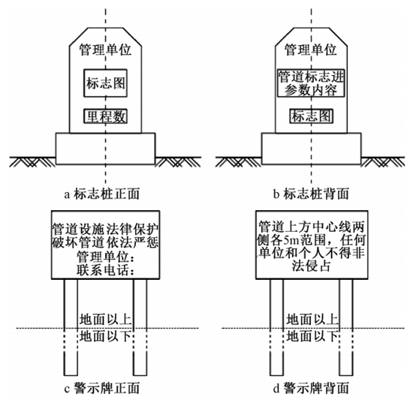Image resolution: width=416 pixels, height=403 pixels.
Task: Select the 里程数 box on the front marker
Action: (x=105, y=116)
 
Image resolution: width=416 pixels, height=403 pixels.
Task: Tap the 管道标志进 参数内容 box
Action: (x=310, y=84)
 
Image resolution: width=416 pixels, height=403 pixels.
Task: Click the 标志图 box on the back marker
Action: (x=310, y=116)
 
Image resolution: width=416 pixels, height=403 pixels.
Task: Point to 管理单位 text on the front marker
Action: (x=105, y=51)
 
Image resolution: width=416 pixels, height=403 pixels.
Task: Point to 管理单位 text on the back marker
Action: (x=310, y=51)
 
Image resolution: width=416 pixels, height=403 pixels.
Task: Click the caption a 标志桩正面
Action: (x=105, y=193)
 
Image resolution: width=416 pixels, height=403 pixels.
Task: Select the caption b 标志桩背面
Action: (x=310, y=193)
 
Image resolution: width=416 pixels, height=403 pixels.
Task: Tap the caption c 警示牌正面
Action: (x=105, y=389)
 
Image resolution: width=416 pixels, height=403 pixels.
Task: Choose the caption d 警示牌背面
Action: (x=310, y=389)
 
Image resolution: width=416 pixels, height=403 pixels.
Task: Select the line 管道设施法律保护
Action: (x=105, y=227)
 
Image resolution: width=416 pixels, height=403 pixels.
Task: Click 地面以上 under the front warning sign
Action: (x=105, y=319)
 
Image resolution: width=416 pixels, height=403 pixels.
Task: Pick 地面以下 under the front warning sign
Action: (x=105, y=335)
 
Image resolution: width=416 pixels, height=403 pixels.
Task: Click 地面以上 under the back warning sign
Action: (x=310, y=319)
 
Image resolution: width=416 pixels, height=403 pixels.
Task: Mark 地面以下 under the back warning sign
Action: (x=310, y=335)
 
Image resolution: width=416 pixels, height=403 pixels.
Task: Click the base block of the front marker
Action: (x=105, y=149)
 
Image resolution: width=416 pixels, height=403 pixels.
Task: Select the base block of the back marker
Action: (x=310, y=149)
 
